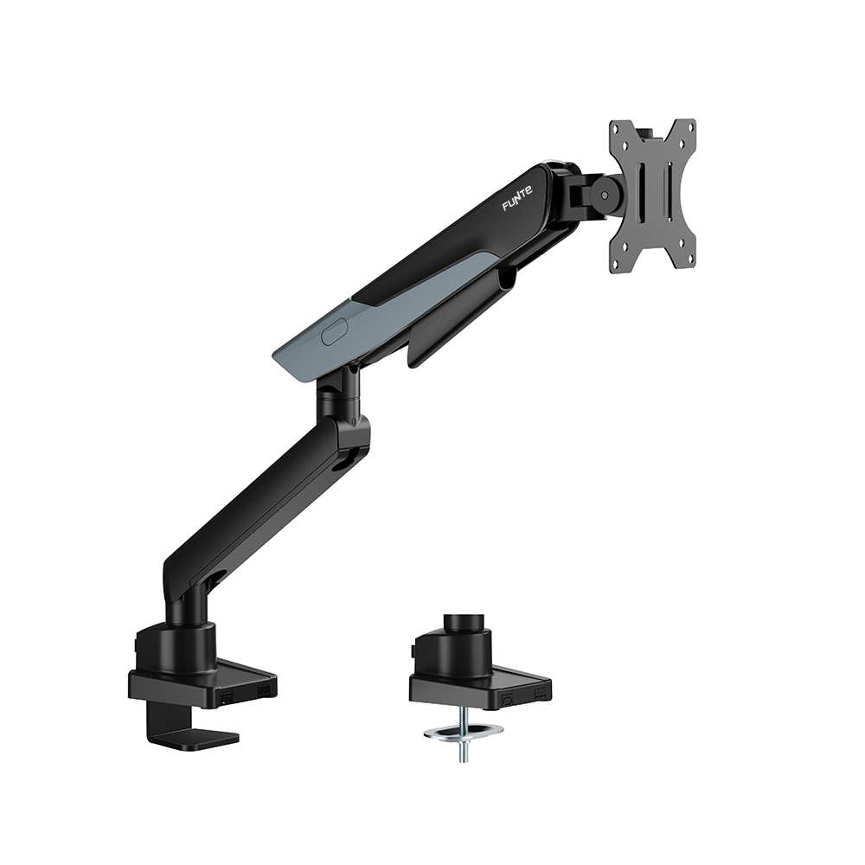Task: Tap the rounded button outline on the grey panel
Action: point(335,331)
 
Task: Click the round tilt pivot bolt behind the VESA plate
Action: point(605,195)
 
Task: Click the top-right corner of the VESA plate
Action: point(695,119)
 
